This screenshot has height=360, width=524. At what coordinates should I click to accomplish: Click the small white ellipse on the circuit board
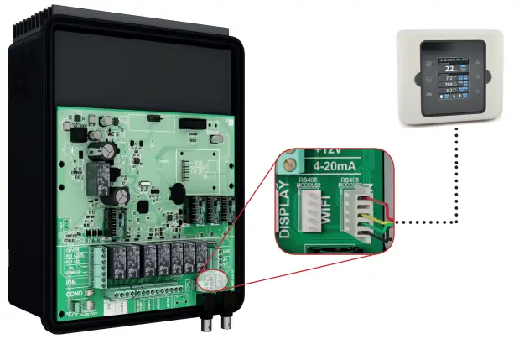coord(214,281)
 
